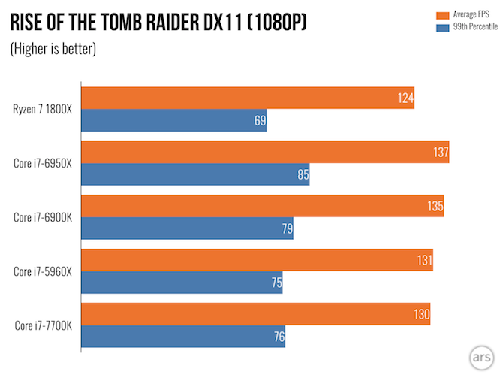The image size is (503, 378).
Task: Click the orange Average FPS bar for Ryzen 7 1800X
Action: (x=248, y=98)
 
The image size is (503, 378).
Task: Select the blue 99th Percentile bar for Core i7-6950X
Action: (x=195, y=175)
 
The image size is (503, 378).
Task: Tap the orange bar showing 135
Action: (x=262, y=207)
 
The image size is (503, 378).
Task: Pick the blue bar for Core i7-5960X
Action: (x=182, y=283)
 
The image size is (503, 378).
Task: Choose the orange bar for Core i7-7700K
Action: (x=255, y=314)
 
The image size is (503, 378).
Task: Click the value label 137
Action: (x=440, y=153)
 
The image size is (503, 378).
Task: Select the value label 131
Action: (x=425, y=261)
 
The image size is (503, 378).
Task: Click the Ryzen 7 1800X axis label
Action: (x=44, y=109)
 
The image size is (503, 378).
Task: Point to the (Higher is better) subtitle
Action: (x=53, y=50)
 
